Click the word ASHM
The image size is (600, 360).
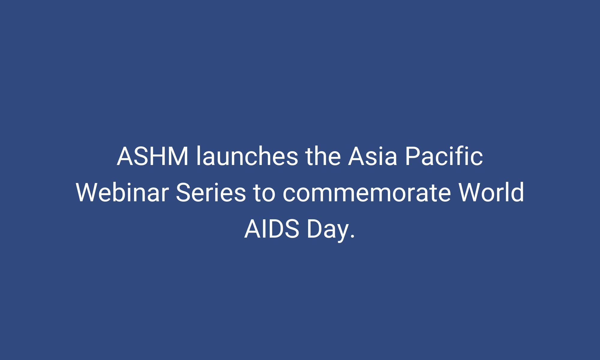click(x=153, y=156)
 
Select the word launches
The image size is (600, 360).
click(x=247, y=156)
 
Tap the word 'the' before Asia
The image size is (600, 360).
click(x=323, y=156)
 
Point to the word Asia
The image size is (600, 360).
click(x=373, y=156)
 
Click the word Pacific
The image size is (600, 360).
click(x=444, y=156)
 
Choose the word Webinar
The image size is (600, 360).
click(x=122, y=193)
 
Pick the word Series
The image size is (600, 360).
click(x=211, y=193)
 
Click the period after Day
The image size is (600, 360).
click(x=352, y=237)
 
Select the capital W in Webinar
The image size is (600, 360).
click(x=89, y=193)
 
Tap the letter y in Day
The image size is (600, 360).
click(x=342, y=232)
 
